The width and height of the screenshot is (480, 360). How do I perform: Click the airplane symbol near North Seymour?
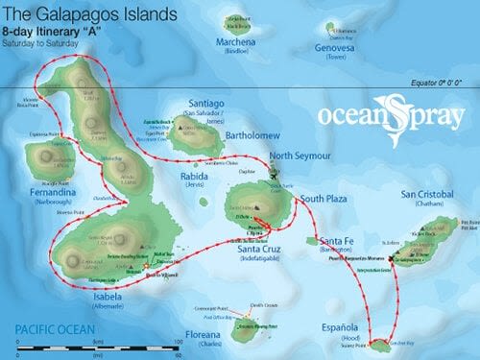[275, 175]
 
